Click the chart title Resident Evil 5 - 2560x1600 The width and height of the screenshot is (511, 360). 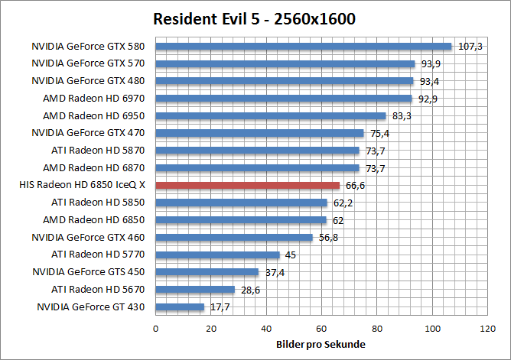coord(255,18)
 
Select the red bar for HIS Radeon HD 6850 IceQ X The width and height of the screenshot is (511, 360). coord(248,185)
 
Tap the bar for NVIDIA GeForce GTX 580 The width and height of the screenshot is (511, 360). coord(304,46)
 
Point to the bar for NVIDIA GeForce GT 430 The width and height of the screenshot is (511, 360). coord(180,307)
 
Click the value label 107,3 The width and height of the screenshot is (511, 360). coord(470,47)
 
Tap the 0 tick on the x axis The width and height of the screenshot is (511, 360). coord(156,329)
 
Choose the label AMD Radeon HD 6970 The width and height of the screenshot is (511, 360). coord(99,99)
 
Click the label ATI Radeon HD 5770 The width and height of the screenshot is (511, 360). coord(99,254)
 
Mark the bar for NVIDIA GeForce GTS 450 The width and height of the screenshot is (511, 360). coord(207,272)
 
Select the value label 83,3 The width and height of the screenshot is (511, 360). coord(402,116)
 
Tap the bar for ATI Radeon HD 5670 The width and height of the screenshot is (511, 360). coord(195,290)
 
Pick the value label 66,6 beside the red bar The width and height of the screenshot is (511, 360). coord(356,186)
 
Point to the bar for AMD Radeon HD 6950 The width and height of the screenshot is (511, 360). coord(271,115)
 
